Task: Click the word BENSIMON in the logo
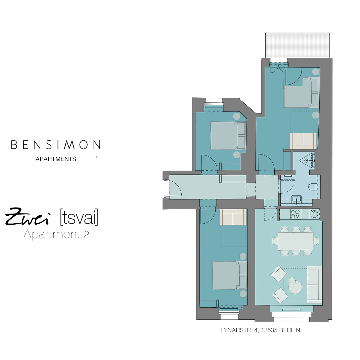click(x=56, y=145)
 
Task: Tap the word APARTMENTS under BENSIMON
click(x=56, y=159)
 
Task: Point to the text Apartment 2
click(x=56, y=234)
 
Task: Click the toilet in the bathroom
click(x=313, y=187)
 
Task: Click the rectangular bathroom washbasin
click(x=297, y=199)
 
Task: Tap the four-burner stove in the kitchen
click(x=295, y=213)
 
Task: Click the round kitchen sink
click(x=314, y=213)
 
